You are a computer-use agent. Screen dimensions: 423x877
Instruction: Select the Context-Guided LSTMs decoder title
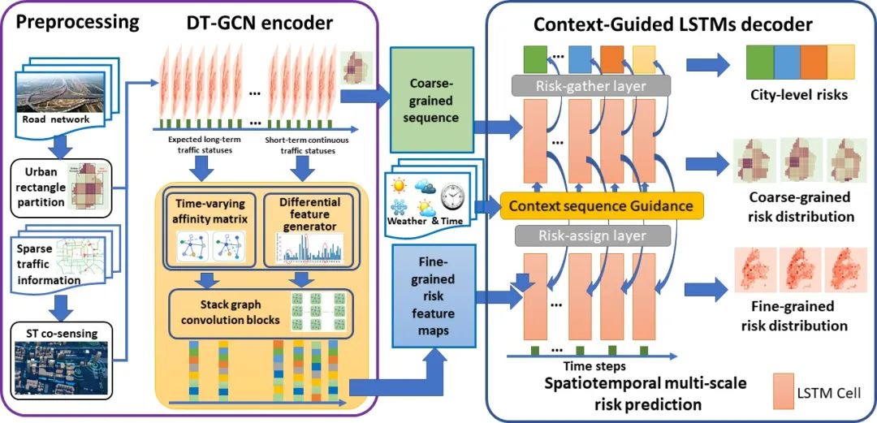point(672,24)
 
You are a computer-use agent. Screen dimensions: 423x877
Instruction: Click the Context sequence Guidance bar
point(600,206)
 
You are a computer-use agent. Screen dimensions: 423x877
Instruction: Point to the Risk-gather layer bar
point(590,84)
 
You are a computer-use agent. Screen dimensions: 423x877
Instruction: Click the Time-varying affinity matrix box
point(210,227)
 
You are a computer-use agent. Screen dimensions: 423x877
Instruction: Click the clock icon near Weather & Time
point(451,196)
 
